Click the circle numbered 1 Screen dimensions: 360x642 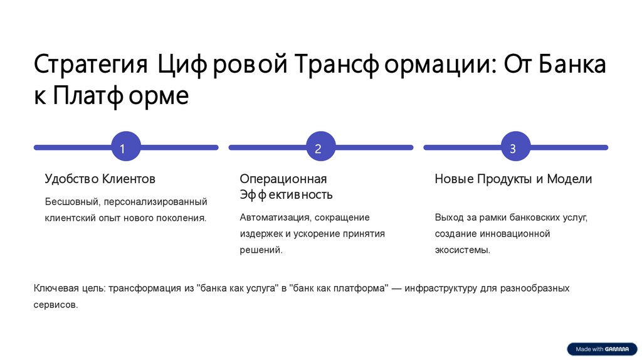[123, 149]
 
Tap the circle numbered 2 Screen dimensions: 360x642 [318, 149]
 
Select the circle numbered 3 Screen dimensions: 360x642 [513, 149]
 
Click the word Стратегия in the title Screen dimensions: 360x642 [90, 65]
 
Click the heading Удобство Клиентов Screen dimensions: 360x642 [100, 179]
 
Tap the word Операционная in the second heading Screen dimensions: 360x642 [283, 179]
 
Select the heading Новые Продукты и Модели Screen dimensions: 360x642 [513, 179]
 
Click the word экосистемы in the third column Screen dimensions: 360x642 [462, 250]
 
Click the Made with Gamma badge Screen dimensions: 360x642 [601, 349]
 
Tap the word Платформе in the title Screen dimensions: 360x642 [121, 97]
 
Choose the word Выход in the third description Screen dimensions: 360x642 [449, 218]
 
